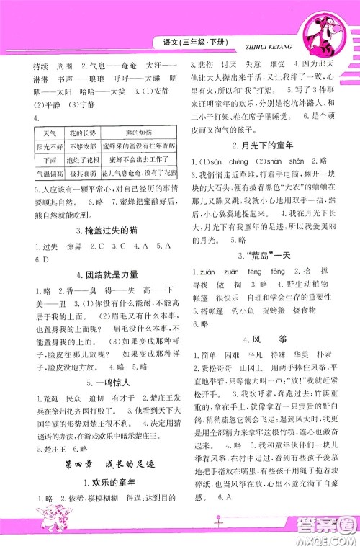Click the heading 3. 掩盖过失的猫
click(x=95, y=229)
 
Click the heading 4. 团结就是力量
click(x=95, y=274)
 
